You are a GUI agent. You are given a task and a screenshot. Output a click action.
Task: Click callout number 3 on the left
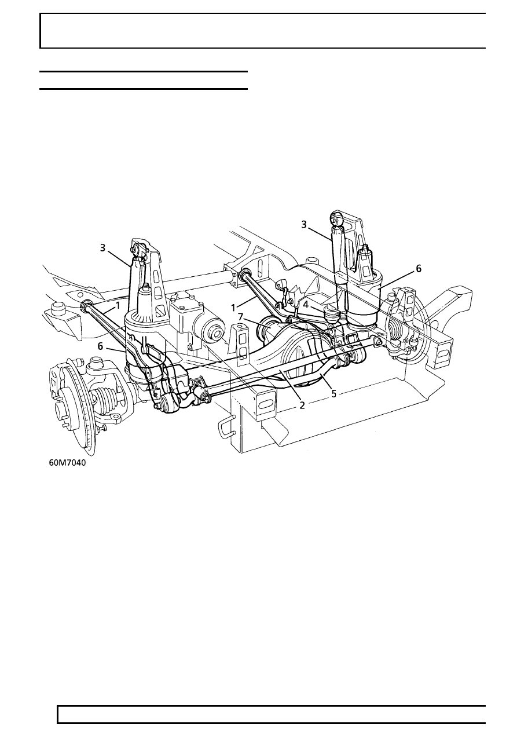click(102, 248)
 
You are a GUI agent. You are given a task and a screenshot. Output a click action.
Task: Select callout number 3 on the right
click(304, 225)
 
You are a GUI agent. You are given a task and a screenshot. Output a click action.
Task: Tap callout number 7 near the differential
click(240, 316)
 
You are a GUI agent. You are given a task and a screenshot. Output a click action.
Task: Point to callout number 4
click(306, 305)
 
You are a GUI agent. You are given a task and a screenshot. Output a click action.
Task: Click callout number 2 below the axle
click(302, 405)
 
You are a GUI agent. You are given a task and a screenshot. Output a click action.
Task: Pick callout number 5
click(333, 393)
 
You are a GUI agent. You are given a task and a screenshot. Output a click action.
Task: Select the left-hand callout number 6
click(101, 346)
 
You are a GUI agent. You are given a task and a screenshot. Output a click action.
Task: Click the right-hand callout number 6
click(419, 269)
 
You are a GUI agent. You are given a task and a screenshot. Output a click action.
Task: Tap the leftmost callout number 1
click(118, 305)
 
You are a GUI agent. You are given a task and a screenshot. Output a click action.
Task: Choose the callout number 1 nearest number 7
click(233, 308)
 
